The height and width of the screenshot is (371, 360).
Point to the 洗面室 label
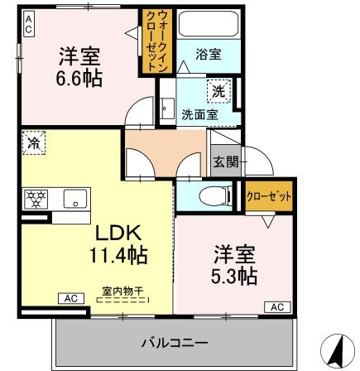[195, 115]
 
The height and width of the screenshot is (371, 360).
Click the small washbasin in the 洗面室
[166, 108]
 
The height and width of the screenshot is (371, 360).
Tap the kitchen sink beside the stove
[72, 200]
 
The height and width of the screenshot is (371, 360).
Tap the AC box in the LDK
[71, 297]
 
